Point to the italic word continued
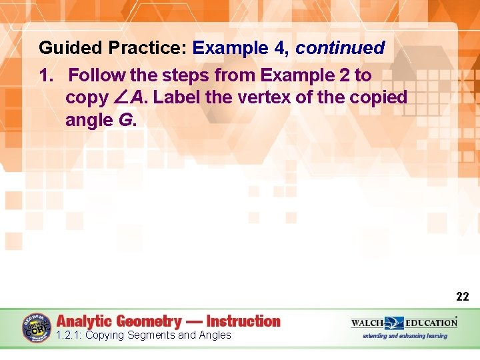point(340,49)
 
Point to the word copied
point(376,98)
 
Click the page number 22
point(462,297)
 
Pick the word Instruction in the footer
point(243,321)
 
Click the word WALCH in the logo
point(367,323)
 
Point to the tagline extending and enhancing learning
point(404,336)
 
